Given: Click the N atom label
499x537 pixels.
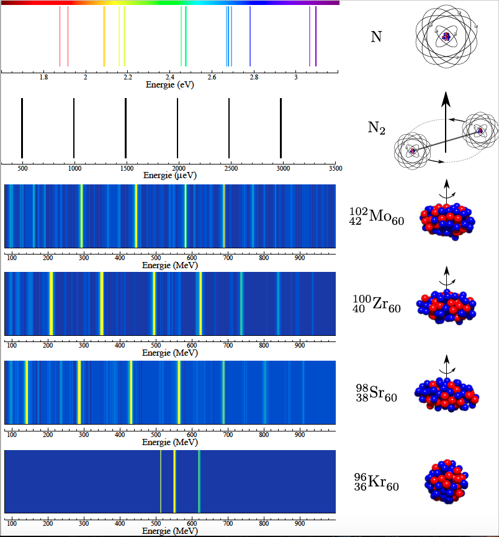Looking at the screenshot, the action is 376,37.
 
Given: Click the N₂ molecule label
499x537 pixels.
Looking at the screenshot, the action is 376,128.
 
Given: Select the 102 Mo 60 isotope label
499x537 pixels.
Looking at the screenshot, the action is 377,217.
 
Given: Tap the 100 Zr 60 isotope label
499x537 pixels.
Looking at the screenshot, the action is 377,304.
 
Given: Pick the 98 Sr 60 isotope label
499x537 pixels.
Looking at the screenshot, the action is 377,393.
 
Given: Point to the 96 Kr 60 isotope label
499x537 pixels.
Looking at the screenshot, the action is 377,482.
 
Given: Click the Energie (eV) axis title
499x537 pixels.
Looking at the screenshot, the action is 170,84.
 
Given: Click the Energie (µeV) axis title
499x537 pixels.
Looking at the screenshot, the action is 170,175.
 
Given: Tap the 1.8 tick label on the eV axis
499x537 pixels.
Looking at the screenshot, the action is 43,77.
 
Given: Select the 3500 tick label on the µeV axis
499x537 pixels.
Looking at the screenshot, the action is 335,168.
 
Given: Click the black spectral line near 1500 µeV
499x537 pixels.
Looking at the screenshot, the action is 126,128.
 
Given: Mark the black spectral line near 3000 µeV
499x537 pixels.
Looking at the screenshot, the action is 281,128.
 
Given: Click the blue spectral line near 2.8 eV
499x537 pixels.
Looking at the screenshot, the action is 250,36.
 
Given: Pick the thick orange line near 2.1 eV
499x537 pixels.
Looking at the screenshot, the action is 104,36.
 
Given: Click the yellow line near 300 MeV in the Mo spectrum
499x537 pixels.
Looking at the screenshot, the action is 81,216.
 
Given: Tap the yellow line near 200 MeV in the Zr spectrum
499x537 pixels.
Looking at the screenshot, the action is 52,304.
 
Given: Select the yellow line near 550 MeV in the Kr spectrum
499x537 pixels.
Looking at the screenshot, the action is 174,482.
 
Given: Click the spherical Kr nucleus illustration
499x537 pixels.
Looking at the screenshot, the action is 446,482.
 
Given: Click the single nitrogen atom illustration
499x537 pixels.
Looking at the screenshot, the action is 446,36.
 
